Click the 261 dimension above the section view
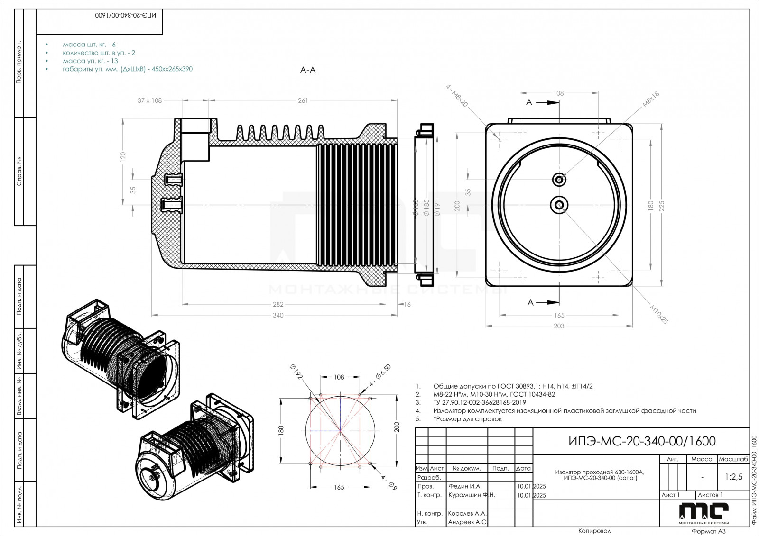[x=303, y=100]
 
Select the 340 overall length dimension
[x=278, y=316]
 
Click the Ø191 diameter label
[x=437, y=207]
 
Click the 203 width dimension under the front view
[x=559, y=326]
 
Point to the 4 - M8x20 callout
[x=457, y=96]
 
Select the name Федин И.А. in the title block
[x=464, y=486]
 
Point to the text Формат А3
[x=709, y=531]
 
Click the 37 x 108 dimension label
[x=150, y=100]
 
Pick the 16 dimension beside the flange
[x=407, y=304]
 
